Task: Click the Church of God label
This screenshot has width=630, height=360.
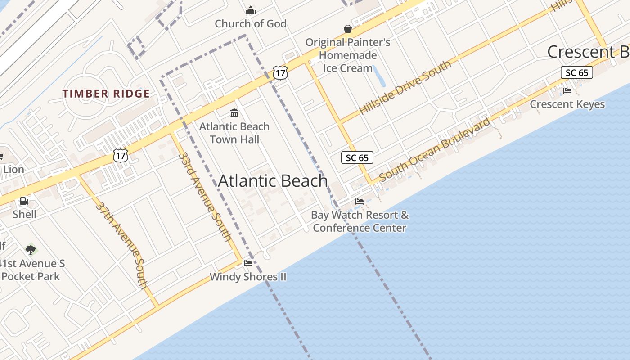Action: (x=251, y=24)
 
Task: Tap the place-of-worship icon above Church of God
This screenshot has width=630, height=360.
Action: (x=251, y=10)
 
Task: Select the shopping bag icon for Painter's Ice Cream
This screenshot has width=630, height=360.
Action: (x=348, y=29)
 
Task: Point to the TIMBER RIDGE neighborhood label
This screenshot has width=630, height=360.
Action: (x=106, y=94)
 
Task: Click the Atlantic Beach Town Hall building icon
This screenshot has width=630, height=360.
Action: (x=234, y=113)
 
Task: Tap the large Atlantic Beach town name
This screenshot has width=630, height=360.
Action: (x=273, y=181)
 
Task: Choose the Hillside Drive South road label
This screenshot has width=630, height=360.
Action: (x=405, y=87)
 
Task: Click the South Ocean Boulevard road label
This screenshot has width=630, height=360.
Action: (x=435, y=149)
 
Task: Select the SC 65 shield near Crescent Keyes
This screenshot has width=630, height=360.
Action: (x=577, y=72)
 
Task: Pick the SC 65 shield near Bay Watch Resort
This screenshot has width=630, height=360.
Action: (x=357, y=157)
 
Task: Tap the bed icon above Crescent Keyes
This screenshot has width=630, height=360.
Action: (x=567, y=91)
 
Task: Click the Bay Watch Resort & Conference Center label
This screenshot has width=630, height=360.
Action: (x=360, y=221)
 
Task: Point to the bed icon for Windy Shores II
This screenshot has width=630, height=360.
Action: (x=248, y=263)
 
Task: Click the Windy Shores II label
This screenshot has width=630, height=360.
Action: (x=248, y=276)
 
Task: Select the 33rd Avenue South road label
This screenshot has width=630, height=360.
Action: (x=205, y=197)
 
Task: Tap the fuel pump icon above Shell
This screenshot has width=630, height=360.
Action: (x=24, y=201)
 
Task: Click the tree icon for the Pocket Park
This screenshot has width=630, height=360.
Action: (x=31, y=249)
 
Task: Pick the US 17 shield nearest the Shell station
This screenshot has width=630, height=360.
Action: (x=121, y=156)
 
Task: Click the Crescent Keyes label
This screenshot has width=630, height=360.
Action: (x=567, y=104)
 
